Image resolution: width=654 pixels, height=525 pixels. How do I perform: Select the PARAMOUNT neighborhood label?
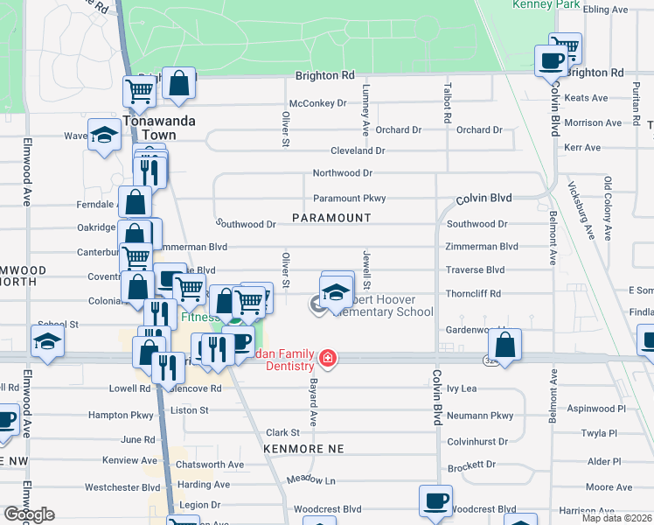[331, 217]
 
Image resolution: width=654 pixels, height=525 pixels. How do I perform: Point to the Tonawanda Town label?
[149, 128]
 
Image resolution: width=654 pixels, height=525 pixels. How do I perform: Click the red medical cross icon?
[327, 358]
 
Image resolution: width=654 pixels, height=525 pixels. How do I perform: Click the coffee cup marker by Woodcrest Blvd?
[435, 501]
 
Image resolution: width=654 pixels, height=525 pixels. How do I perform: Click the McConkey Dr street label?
[317, 103]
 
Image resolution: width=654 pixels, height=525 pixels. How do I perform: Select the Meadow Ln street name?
[311, 480]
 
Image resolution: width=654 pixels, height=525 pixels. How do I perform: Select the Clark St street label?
[283, 432]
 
